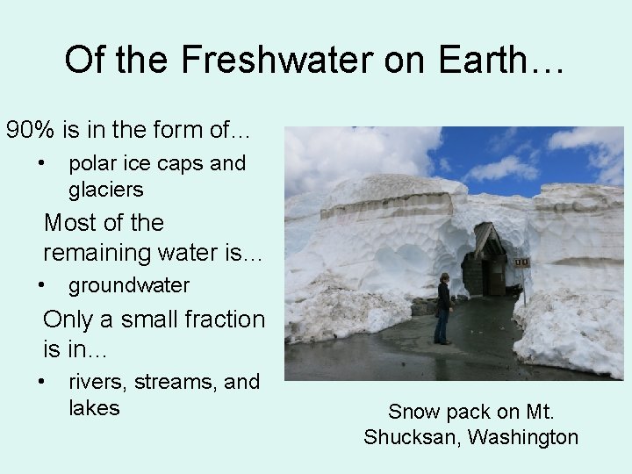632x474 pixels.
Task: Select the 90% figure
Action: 29,131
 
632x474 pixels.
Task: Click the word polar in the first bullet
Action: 93,163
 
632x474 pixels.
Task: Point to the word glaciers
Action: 106,189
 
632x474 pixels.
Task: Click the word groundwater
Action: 129,285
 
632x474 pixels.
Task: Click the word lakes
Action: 94,407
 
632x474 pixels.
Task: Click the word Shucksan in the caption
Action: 408,437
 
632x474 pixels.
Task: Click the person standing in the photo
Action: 444,307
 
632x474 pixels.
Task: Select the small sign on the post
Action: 522,262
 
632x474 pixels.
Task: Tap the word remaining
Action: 97,252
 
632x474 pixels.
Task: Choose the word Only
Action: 70,320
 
